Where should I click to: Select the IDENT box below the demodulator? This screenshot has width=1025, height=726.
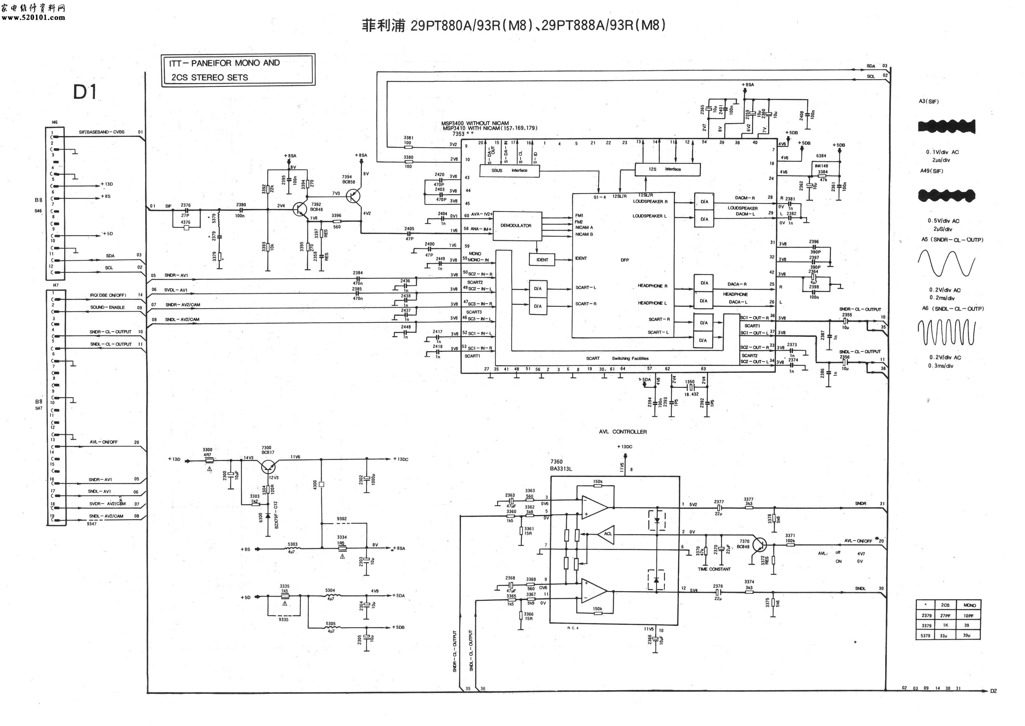[x=542, y=260]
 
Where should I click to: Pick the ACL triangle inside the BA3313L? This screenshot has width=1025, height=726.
[x=607, y=534]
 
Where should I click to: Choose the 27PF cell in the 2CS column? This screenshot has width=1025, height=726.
[x=945, y=616]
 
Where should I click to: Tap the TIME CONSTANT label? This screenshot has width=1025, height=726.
[x=714, y=569]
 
